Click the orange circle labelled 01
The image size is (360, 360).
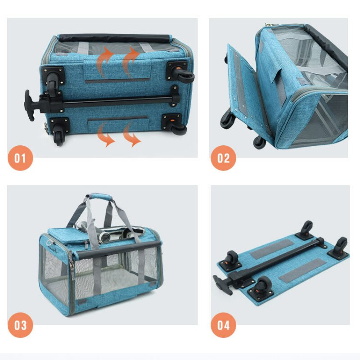(20, 158)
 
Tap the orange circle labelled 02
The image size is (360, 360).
(223, 158)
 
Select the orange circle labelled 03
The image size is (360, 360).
(20, 325)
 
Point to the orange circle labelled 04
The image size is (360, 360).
(223, 325)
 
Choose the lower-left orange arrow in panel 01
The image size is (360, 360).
(105, 135)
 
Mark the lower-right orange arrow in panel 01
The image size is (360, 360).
(131, 135)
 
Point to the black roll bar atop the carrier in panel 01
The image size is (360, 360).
(115, 38)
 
